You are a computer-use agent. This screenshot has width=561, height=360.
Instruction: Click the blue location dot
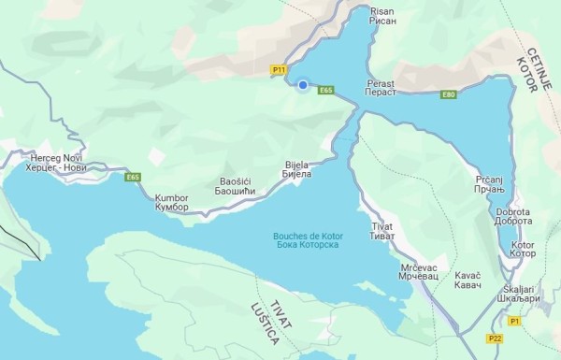pyautogui.click(x=303, y=86)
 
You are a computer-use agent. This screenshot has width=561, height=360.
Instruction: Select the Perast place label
pyautogui.click(x=381, y=88)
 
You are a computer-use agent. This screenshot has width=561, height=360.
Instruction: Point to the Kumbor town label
pyautogui.click(x=172, y=203)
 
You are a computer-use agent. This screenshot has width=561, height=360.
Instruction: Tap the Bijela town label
pyautogui.click(x=297, y=169)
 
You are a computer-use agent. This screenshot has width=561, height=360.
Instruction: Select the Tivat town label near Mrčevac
pyautogui.click(x=383, y=233)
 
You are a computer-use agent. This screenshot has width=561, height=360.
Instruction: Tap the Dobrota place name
pyautogui.click(x=516, y=217)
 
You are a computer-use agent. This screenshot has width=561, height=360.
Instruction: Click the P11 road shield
pyautogui.click(x=278, y=70)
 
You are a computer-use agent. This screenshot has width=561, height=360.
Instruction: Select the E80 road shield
pyautogui.click(x=449, y=94)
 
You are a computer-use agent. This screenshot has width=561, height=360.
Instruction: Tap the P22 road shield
pyautogui.click(x=494, y=337)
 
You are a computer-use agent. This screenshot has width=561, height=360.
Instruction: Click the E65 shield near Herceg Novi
pyautogui.click(x=133, y=177)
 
